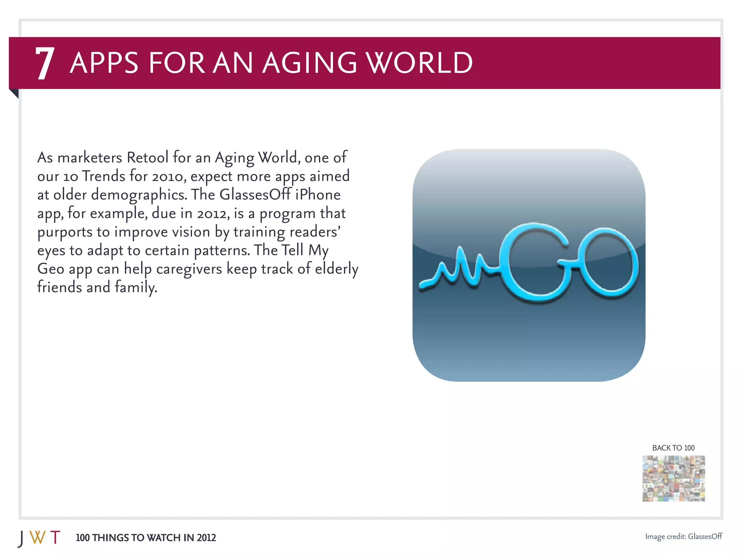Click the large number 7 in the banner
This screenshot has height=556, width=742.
(x=45, y=63)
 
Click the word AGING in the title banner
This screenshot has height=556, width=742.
(x=309, y=63)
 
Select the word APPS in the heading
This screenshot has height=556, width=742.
(x=104, y=63)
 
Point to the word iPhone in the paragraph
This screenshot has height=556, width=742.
(x=318, y=194)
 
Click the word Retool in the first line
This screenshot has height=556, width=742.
(x=147, y=157)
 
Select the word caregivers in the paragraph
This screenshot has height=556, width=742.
(x=189, y=269)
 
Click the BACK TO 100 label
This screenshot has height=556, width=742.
(x=673, y=448)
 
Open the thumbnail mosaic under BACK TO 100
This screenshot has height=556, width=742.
(x=674, y=478)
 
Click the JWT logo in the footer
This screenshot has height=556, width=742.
(x=39, y=538)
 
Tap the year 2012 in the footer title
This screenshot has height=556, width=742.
(x=206, y=538)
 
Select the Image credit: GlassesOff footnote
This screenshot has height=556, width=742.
(x=683, y=536)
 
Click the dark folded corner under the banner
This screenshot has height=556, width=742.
(x=14, y=93)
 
